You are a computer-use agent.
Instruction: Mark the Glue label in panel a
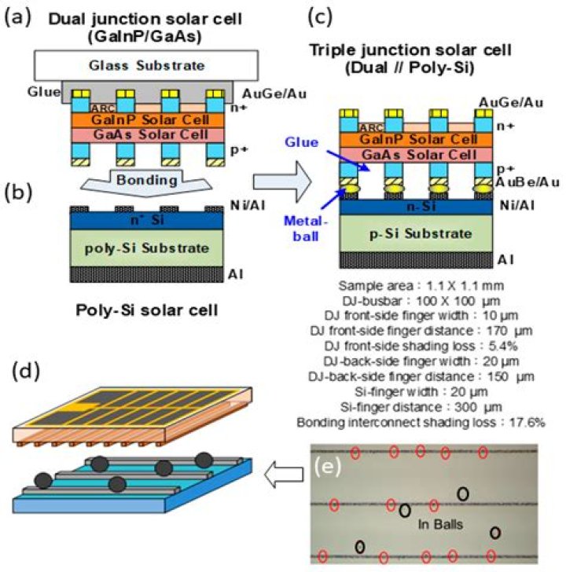[48, 92]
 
